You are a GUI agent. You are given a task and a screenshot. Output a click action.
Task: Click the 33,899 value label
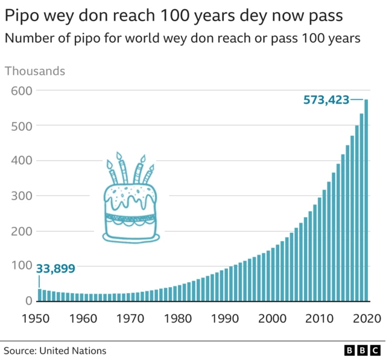(55, 269)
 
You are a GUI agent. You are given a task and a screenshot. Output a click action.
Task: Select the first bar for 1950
(40, 295)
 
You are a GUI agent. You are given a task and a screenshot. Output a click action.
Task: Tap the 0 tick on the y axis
(27, 301)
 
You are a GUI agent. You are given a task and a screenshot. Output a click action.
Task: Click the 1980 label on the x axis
(178, 318)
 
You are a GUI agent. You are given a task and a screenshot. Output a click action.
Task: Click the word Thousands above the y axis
(35, 71)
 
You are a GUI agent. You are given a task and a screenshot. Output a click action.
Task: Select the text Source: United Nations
(55, 350)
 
